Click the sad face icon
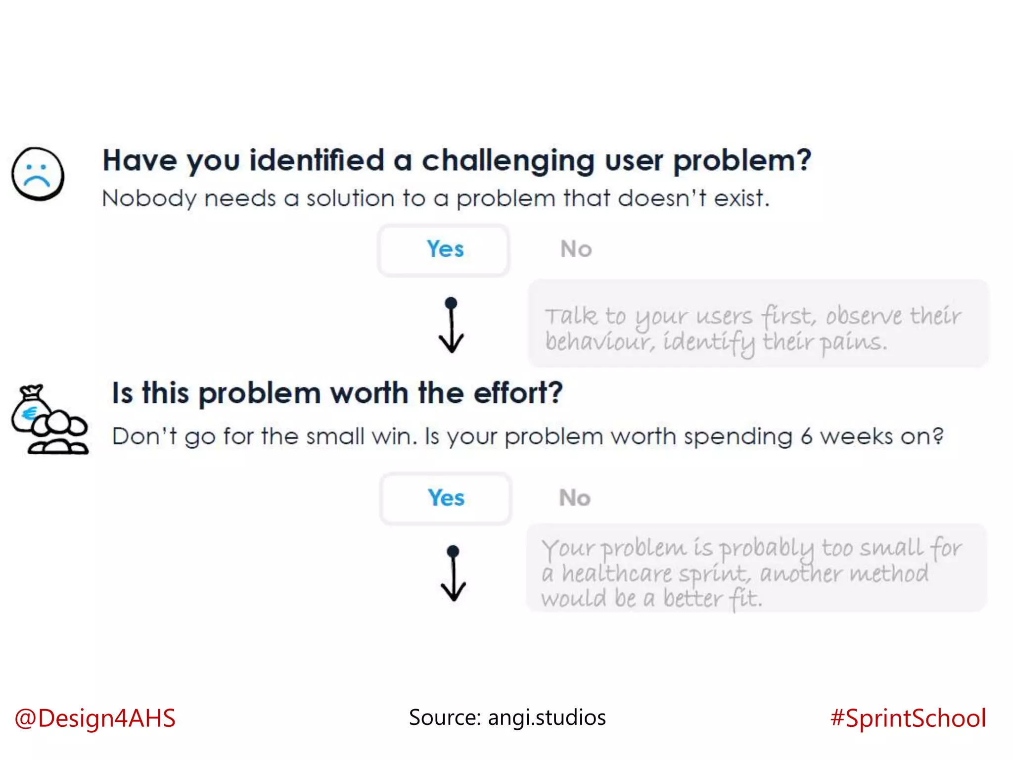pos(38,174)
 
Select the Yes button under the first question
pos(444,249)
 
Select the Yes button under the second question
pos(446,498)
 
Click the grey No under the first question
pos(576,249)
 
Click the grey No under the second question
pos(574,498)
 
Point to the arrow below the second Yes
pos(453,574)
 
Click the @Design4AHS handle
pos(95,718)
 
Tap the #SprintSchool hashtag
pos(908,718)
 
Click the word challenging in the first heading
pos(508,162)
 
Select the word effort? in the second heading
pos(518,393)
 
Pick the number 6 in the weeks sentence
pos(806,437)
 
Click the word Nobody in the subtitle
pos(149,199)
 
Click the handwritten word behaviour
pos(600,342)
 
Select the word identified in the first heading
pos(317,161)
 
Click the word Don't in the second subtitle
pos(144,437)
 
